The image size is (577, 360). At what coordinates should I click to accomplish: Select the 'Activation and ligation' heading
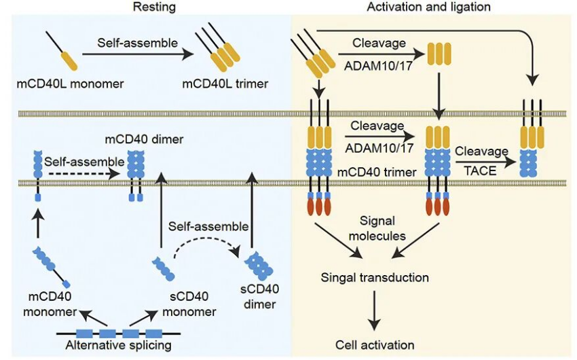pyautogui.click(x=429, y=7)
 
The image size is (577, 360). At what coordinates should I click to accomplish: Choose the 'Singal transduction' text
pyautogui.click(x=375, y=277)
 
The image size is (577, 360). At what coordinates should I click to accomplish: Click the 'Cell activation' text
pyautogui.click(x=375, y=344)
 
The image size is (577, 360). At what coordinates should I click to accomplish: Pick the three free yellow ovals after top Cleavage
pyautogui.click(x=438, y=56)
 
